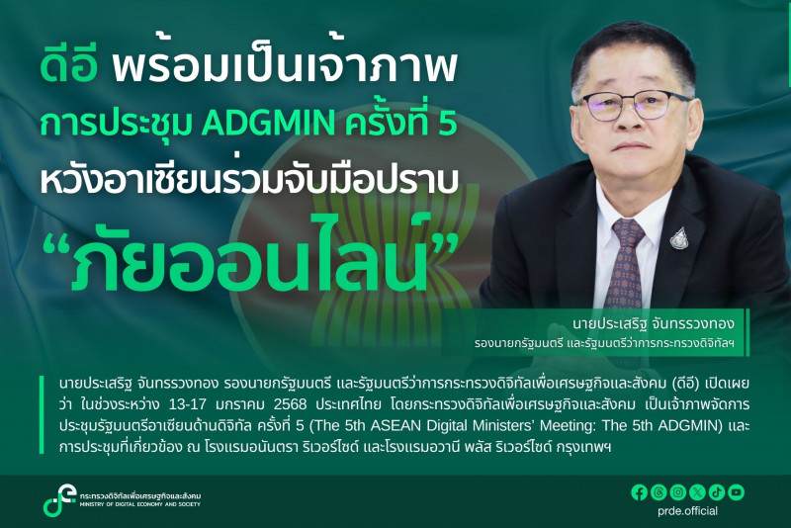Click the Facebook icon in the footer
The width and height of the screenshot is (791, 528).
tap(639, 492)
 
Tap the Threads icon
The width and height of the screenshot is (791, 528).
tap(659, 492)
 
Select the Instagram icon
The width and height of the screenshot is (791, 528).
tap(677, 492)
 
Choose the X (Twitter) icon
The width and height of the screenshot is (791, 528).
tap(697, 492)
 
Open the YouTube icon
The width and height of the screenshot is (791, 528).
tap(736, 492)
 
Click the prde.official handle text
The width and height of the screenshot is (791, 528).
tap(687, 511)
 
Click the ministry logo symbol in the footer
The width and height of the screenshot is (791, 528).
tap(58, 499)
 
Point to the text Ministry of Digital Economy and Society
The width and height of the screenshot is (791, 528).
tap(140, 504)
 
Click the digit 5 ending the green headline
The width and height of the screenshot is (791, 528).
tap(446, 124)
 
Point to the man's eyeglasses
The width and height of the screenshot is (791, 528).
tap(634, 103)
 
